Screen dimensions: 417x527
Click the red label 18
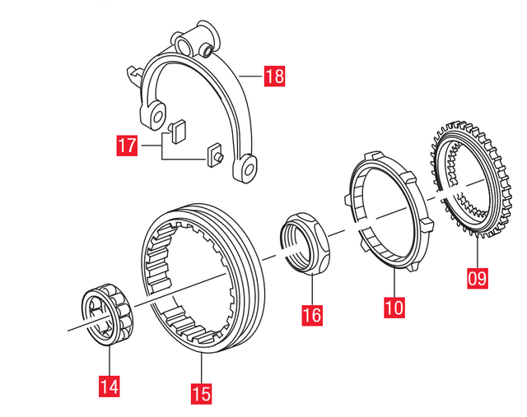click(x=274, y=78)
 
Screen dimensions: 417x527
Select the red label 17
click(x=126, y=147)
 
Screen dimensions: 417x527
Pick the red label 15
click(x=201, y=393)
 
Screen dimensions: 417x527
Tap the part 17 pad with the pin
click(x=214, y=155)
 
